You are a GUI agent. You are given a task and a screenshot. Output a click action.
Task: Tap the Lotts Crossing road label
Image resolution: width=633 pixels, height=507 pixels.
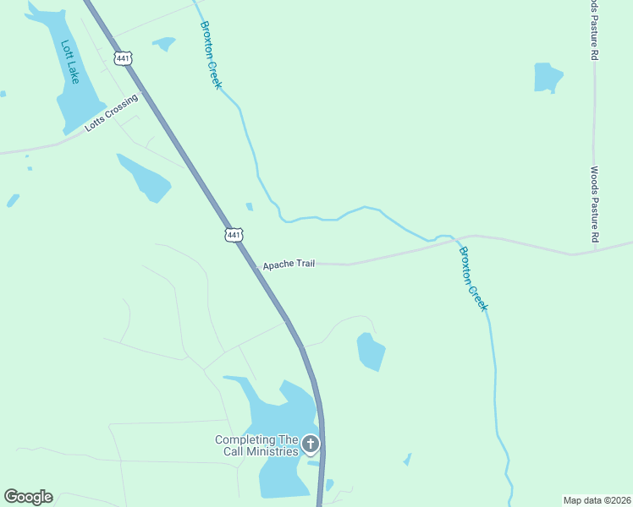(111, 112)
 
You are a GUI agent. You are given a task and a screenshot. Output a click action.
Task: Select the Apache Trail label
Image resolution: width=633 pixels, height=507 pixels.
(289, 264)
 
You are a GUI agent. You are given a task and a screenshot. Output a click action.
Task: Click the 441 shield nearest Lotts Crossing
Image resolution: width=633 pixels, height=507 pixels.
(124, 57)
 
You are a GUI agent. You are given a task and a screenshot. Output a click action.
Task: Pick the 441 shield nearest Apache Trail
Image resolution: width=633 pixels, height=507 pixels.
(234, 234)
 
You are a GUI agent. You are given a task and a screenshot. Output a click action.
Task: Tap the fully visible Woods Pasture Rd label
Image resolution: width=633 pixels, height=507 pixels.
(595, 204)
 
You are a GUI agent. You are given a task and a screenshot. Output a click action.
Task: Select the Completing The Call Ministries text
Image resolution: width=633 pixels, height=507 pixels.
(256, 445)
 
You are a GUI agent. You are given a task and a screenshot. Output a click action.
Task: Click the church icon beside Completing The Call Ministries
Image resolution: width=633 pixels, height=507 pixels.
(311, 444)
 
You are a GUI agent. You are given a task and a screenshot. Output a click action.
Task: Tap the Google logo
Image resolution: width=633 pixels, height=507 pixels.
(28, 497)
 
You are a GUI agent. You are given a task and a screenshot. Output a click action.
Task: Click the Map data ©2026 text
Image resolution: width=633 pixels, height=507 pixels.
(597, 500)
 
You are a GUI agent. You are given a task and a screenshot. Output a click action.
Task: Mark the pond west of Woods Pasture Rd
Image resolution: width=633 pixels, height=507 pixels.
(548, 78)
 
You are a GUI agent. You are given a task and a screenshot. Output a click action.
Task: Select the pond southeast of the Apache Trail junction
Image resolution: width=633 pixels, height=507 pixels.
(371, 352)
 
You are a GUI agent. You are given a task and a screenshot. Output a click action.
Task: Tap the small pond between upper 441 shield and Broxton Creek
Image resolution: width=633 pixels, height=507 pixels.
(162, 42)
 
